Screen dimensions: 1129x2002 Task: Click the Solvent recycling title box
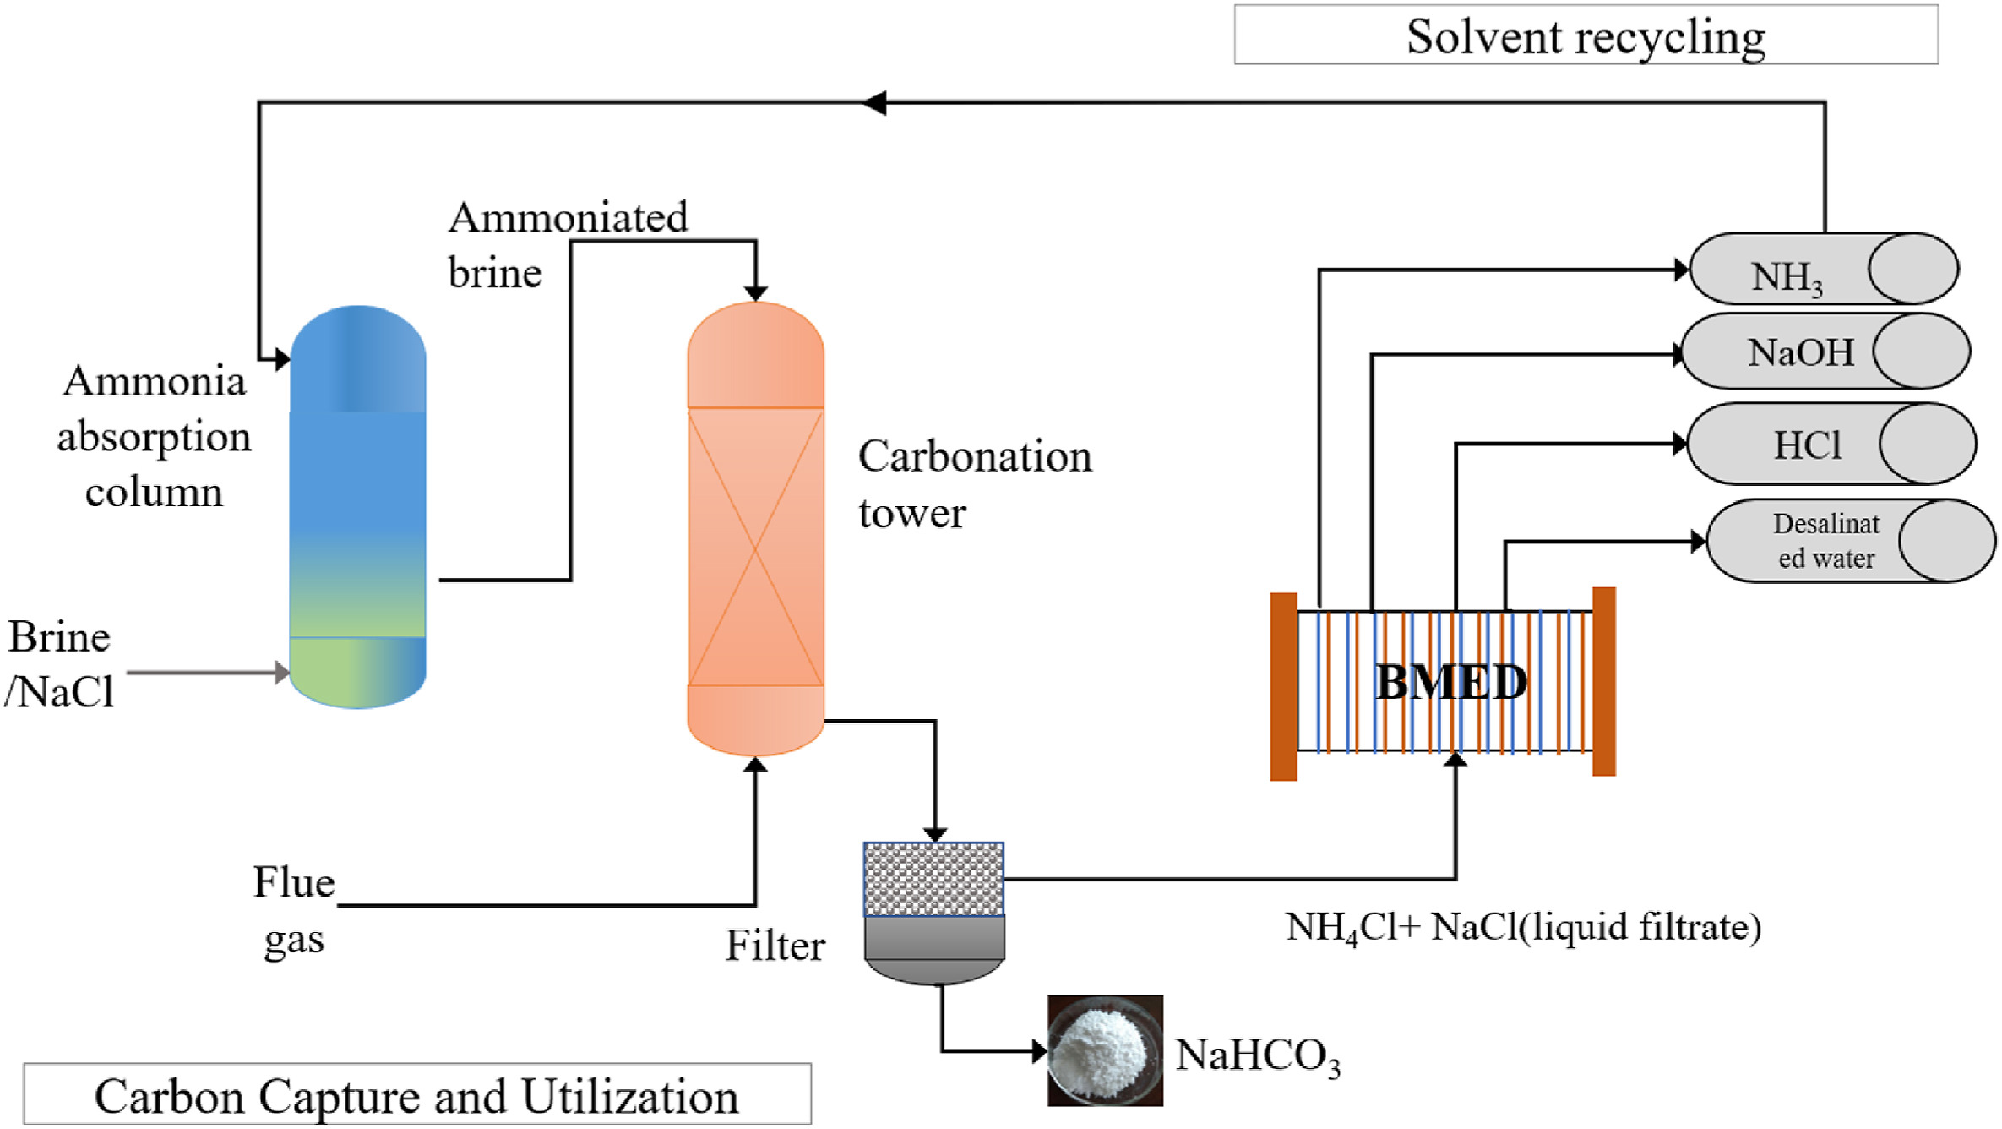[1586, 35]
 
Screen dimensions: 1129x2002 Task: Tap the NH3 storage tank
[1823, 270]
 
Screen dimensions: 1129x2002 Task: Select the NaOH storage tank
[1825, 352]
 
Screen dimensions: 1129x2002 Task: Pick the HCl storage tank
[1831, 445]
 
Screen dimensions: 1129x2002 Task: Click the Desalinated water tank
[1850, 541]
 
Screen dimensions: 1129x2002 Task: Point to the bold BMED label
[1451, 682]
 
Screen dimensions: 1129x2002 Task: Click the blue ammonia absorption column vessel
[358, 507]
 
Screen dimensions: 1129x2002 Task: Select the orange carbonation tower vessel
[755, 528]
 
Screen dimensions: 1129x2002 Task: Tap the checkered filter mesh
[933, 879]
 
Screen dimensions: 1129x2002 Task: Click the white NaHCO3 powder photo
[1105, 1050]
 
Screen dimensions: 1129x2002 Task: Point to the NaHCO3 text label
[1257, 1056]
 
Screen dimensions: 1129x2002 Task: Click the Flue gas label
[294, 910]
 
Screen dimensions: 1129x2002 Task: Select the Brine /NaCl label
[59, 664]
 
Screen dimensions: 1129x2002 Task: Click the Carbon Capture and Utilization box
[417, 1095]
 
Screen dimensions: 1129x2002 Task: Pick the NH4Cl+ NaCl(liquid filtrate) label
[1522, 928]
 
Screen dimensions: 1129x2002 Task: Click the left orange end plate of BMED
[1283, 686]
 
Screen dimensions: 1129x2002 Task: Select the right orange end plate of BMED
[1603, 681]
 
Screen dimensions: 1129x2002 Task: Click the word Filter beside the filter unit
[775, 946]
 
